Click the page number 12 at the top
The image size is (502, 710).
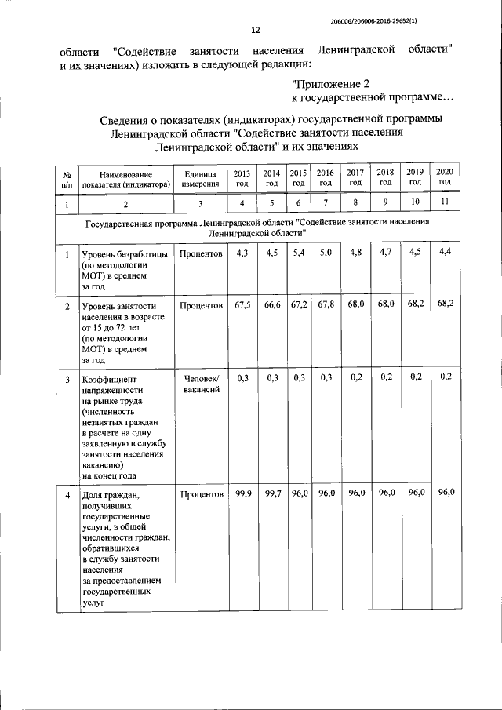[255, 31]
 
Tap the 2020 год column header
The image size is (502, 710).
[445, 177]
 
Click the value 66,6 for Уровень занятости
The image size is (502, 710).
[272, 304]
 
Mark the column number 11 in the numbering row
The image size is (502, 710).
[445, 203]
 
